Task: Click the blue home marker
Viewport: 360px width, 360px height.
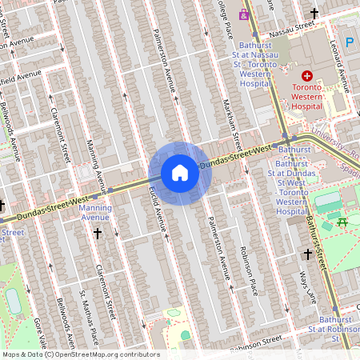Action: pos(180,173)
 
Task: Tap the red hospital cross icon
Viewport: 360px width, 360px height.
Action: pos(307,75)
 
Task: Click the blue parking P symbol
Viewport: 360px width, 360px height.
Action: pos(349,42)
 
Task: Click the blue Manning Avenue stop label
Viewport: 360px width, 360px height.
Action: pos(95,211)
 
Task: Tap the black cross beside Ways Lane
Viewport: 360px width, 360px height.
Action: pos(308,254)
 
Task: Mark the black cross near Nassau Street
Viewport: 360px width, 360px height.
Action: pos(314,14)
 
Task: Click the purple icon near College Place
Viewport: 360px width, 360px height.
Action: pos(244,14)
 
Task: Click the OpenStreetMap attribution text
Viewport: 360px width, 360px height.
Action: pos(80,354)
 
